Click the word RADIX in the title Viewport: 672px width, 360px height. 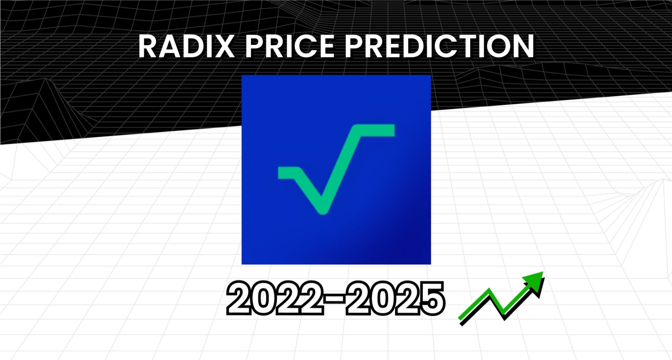tap(187, 46)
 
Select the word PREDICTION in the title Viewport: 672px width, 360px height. tap(440, 46)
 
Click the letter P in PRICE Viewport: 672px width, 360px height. tap(254, 46)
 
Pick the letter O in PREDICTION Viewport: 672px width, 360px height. tap(496, 46)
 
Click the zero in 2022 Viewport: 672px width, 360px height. tap(263, 298)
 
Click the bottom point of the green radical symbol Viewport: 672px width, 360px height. tap(322, 210)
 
